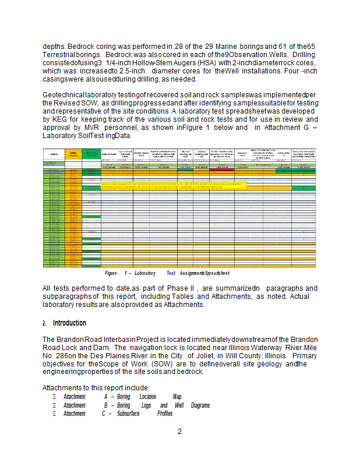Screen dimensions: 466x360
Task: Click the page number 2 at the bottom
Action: pyautogui.click(x=180, y=432)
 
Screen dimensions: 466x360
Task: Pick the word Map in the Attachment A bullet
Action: pyautogui.click(x=177, y=397)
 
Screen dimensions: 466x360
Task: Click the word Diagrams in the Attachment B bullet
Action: pyautogui.click(x=200, y=405)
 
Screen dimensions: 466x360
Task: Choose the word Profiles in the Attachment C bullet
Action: pyautogui.click(x=165, y=414)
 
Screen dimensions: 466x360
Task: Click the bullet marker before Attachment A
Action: pyautogui.click(x=54, y=397)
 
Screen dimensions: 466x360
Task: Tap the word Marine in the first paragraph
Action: pyautogui.click(x=246, y=45)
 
